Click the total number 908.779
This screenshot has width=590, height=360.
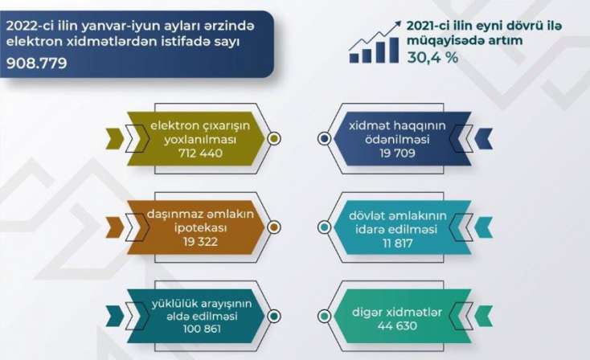pyautogui.click(x=36, y=63)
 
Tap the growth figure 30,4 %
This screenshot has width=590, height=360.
pyautogui.click(x=432, y=58)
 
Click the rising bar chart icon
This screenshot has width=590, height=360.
pyautogui.click(x=375, y=42)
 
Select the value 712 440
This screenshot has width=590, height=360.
pyautogui.click(x=200, y=153)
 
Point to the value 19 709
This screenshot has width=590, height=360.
pyautogui.click(x=397, y=153)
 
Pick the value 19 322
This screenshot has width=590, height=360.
pyautogui.click(x=200, y=242)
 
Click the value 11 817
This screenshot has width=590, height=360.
pyautogui.click(x=398, y=243)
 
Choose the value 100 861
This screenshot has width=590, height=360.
pyautogui.click(x=202, y=329)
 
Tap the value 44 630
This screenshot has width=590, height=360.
pyautogui.click(x=397, y=325)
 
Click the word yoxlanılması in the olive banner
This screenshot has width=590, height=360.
pyautogui.click(x=200, y=140)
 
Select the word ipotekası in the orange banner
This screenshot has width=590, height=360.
pyautogui.click(x=200, y=228)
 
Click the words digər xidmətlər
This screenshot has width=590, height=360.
pyautogui.click(x=397, y=312)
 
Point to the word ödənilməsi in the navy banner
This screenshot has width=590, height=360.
pyautogui.click(x=397, y=140)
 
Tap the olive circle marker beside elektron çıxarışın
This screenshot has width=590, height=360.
pyautogui.click(x=274, y=139)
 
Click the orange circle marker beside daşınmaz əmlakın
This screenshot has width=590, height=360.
pyautogui.click(x=274, y=227)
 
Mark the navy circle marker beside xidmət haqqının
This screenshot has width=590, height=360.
pyautogui.click(x=324, y=139)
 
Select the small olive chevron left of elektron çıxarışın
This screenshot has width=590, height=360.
pyautogui.click(x=114, y=138)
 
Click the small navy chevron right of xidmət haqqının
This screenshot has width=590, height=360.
pyautogui.click(x=484, y=138)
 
